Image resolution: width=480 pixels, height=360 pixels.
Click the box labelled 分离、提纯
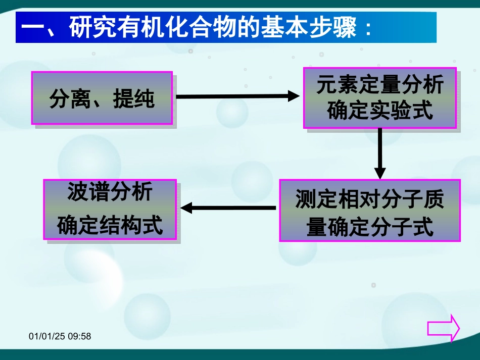click(102, 98)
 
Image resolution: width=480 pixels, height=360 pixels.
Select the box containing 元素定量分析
click(379, 98)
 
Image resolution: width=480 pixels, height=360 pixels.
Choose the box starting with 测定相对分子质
click(369, 210)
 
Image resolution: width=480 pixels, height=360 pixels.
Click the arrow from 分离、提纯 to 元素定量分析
click(237, 95)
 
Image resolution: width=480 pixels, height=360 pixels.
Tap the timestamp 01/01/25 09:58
click(60, 336)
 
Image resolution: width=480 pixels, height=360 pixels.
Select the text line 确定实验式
click(380, 110)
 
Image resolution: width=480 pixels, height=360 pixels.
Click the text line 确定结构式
click(110, 225)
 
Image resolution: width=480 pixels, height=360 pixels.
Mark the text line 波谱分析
click(110, 192)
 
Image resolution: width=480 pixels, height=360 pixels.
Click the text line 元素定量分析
click(380, 85)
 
